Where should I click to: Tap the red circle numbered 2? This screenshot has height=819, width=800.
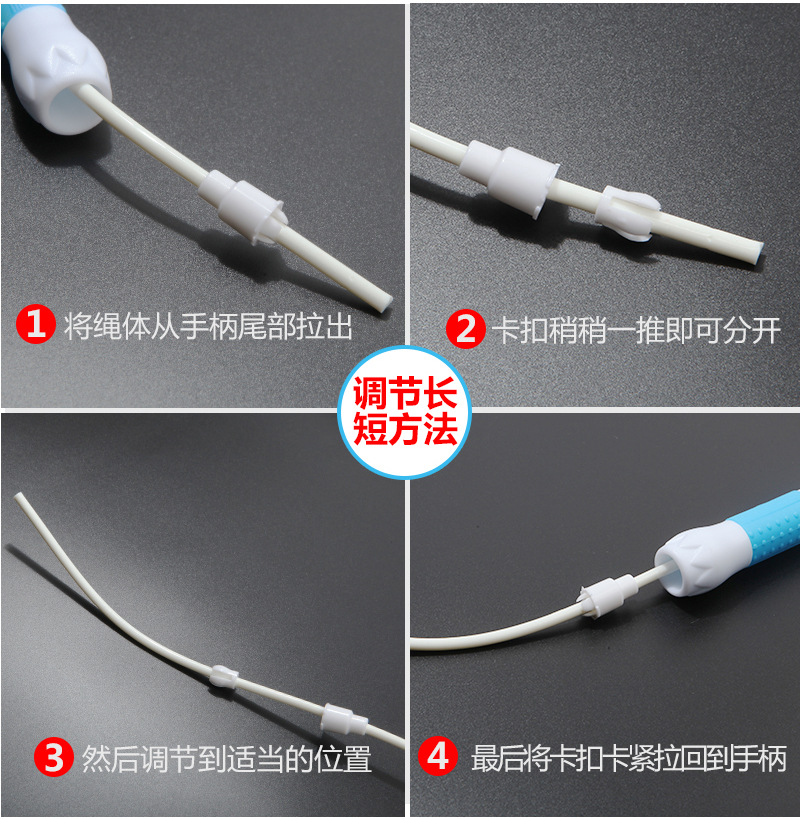click(x=465, y=329)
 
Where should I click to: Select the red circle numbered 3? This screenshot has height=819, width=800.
click(x=54, y=757)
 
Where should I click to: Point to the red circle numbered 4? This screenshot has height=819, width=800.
click(x=438, y=756)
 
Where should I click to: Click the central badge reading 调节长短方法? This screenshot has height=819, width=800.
click(x=405, y=412)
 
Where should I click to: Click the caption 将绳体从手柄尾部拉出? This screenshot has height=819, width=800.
click(x=208, y=326)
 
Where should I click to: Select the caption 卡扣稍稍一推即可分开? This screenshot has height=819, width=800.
click(x=637, y=331)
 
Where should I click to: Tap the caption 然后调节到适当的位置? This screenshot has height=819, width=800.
click(x=227, y=759)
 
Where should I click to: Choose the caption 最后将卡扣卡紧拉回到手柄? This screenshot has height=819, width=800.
click(x=629, y=758)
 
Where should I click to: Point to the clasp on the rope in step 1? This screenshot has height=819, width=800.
click(x=243, y=206)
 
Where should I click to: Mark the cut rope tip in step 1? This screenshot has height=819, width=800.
click(x=384, y=303)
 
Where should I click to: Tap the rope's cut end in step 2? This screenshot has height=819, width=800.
click(x=758, y=254)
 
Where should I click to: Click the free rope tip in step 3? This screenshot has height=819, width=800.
click(x=18, y=496)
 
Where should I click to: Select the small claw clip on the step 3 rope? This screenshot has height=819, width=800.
click(x=225, y=676)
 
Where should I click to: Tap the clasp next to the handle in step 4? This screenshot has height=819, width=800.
click(x=608, y=596)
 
